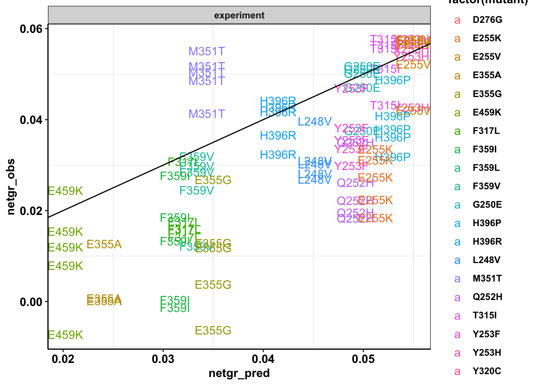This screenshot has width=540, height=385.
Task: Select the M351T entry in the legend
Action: (x=487, y=279)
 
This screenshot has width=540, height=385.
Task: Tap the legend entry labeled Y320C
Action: (x=487, y=371)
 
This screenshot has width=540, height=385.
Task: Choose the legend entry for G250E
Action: (x=487, y=205)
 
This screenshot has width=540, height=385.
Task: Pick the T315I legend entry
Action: (x=485, y=316)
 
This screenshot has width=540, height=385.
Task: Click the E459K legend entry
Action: (x=487, y=113)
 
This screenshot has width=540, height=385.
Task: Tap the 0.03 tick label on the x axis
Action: (x=163, y=358)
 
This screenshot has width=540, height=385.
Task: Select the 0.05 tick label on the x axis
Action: (x=363, y=358)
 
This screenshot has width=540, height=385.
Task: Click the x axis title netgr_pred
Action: (x=239, y=374)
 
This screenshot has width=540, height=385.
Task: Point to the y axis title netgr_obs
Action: (x=11, y=186)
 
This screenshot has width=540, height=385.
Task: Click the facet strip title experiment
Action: (x=239, y=16)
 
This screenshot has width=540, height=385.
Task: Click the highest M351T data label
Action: (x=207, y=52)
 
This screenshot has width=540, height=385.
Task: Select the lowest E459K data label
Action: (x=65, y=335)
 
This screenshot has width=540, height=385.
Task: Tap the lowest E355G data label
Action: (x=213, y=331)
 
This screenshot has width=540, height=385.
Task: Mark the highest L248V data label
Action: (x=315, y=122)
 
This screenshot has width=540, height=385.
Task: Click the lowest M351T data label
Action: (x=207, y=114)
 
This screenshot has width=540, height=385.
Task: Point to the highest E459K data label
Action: (x=65, y=191)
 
